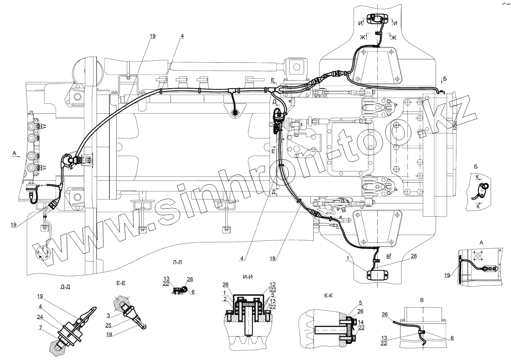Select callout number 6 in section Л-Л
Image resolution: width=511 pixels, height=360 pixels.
tap(193, 293)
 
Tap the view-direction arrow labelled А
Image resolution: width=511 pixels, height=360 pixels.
tap(18, 156)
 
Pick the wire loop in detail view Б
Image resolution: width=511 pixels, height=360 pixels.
tap(485, 187)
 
